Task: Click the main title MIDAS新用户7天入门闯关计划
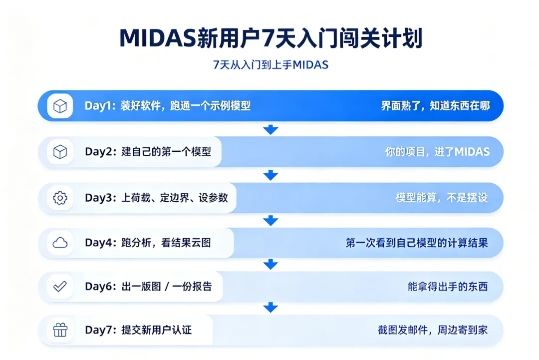pos(270,38)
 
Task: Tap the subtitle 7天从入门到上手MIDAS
pos(270,64)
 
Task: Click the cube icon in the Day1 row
pos(60,106)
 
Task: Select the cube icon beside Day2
pos(60,152)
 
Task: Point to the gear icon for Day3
pos(60,198)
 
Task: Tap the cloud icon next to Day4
pos(60,243)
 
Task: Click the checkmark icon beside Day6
pos(60,286)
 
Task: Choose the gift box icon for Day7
pos(60,330)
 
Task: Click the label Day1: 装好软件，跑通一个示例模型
pos(168,105)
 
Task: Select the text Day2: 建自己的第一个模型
pos(148,152)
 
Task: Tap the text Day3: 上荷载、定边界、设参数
pos(156,198)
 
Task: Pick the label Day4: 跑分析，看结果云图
pos(148,243)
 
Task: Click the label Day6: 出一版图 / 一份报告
pos(149,287)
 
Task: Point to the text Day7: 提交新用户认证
pos(138,330)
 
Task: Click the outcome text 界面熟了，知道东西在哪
pos(436,105)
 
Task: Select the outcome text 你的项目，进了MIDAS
pos(437,152)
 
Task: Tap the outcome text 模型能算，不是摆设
pos(442,198)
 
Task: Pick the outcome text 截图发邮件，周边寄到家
pos(433,330)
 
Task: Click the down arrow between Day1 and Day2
pos(270,129)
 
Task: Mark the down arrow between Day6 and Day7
pos(270,308)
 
